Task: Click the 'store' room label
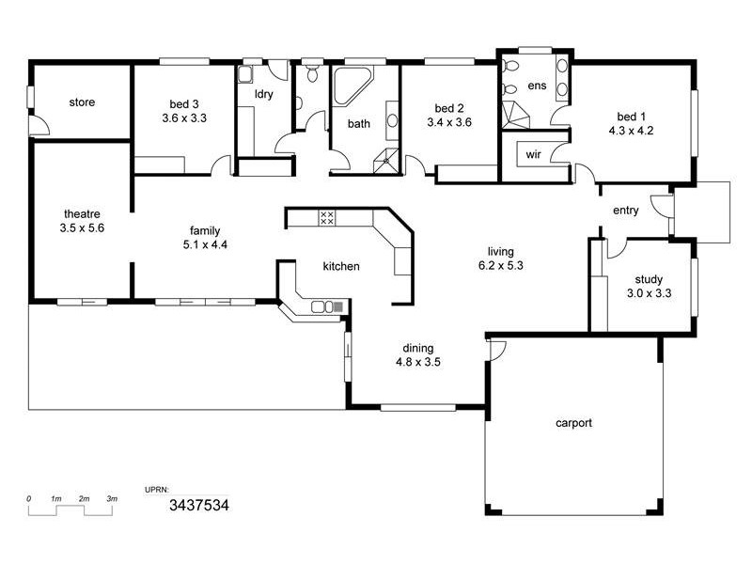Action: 82,102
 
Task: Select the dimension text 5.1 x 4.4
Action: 206,244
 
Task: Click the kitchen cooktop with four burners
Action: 327,217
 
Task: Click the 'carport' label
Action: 573,423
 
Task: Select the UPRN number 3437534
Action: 198,505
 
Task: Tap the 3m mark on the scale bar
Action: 112,498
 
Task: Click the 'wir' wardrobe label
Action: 533,153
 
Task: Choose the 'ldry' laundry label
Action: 264,94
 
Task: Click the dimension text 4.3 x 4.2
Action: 631,131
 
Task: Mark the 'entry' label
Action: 625,211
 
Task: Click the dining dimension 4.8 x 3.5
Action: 418,361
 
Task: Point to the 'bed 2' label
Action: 448,108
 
